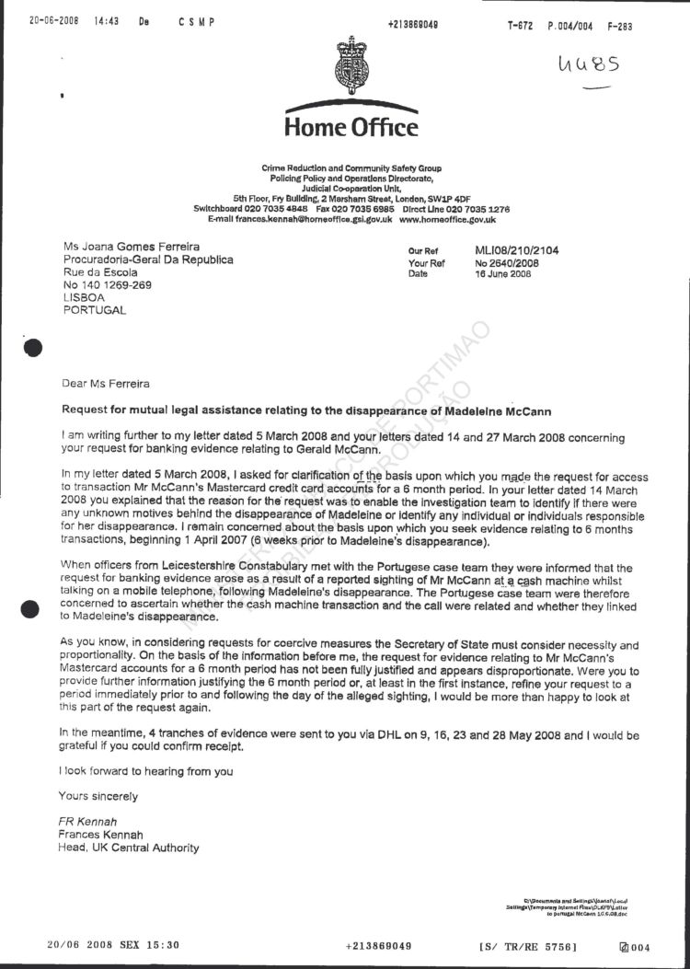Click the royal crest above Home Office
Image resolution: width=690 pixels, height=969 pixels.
(351, 63)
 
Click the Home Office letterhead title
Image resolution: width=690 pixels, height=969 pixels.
(351, 127)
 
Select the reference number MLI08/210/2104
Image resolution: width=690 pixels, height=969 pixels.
(516, 250)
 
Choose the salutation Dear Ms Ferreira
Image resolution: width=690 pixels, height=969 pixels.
(105, 384)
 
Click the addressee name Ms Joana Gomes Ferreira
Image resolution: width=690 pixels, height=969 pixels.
(131, 246)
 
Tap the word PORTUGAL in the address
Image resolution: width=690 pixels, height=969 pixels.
(94, 311)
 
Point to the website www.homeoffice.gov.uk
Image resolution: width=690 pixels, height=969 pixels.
(447, 219)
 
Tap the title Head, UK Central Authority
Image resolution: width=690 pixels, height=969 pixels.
(128, 848)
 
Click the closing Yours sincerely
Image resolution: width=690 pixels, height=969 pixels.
(98, 796)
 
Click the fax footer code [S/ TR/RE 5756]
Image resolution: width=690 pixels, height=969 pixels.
(527, 945)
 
